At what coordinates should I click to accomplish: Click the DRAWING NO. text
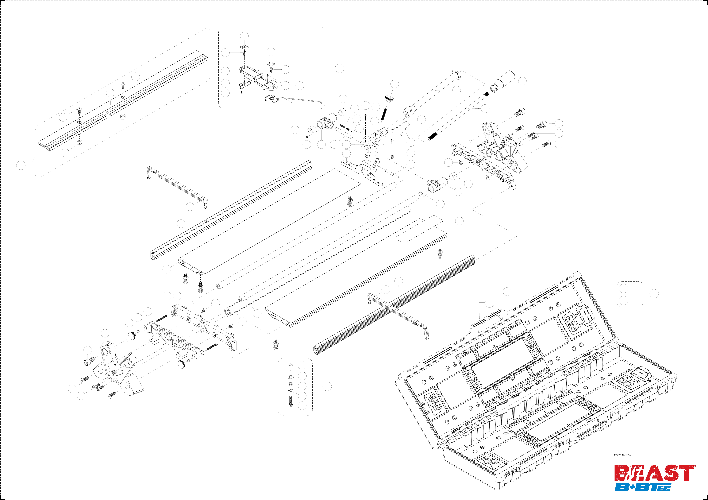coord(622,454)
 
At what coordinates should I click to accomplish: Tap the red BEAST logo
coord(654,473)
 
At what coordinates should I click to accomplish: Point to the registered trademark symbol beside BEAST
coord(695,466)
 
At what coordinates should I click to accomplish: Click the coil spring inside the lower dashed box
coord(290,384)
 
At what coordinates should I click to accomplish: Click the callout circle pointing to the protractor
coord(300,86)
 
